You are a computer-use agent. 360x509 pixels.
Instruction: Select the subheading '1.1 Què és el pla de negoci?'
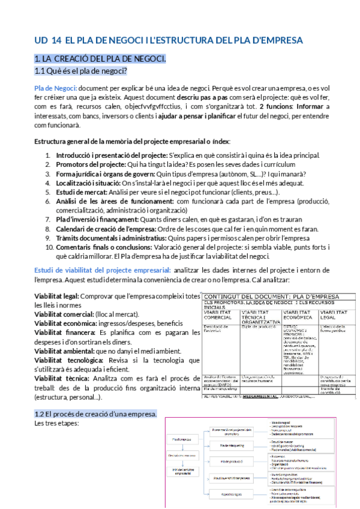click(80, 71)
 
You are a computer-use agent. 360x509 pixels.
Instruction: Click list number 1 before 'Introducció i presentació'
click(48, 155)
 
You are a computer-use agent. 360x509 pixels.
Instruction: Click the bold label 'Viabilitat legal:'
click(57, 297)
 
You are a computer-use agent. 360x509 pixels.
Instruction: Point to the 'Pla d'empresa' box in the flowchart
click(182, 439)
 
